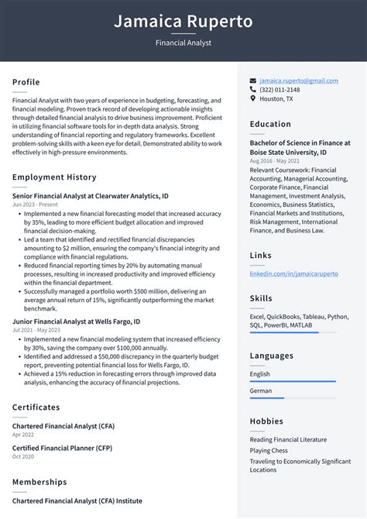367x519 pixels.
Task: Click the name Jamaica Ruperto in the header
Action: pos(183,21)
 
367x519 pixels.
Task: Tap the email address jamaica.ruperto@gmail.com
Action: pos(298,81)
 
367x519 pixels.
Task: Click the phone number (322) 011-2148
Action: pos(280,90)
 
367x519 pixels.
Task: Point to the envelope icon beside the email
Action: pos(253,81)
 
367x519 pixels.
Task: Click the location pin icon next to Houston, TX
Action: pos(253,99)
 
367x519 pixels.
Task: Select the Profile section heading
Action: pos(26,82)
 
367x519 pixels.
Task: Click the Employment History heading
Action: pos(54,177)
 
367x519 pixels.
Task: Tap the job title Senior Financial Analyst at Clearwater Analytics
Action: pos(91,196)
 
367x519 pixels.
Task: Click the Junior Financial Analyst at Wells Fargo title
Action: pos(77,321)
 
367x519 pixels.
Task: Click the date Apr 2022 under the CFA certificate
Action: pos(22,435)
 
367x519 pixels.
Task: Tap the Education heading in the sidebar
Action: pos(270,124)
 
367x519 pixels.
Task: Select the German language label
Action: pos(261,391)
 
